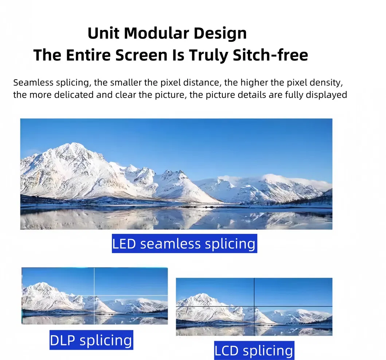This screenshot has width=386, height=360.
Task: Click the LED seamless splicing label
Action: point(184,244)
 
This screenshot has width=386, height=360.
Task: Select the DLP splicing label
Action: point(91,340)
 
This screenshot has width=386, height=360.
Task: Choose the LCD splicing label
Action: point(254,351)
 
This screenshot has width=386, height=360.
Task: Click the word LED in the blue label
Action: point(124,244)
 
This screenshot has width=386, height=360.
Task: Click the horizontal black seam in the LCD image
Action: point(219,306)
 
